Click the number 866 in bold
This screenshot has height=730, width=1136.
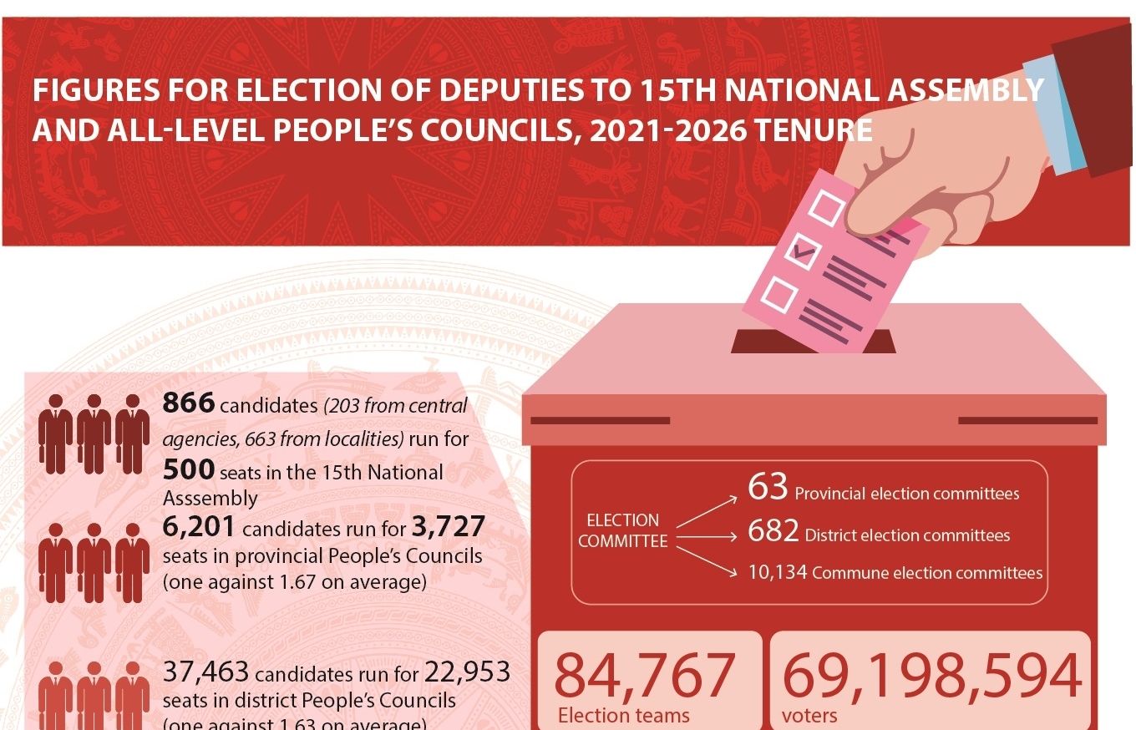(189, 403)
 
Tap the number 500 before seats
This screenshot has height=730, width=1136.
(189, 470)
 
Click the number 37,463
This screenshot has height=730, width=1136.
(207, 673)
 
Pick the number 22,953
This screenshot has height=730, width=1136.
(468, 672)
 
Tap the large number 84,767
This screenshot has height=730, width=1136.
(645, 677)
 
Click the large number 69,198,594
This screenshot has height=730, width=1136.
(931, 677)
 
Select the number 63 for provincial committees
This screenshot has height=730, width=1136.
(768, 489)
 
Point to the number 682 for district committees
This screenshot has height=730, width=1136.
(773, 532)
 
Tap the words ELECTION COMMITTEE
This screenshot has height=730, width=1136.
(623, 530)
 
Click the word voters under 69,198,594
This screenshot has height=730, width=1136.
(809, 716)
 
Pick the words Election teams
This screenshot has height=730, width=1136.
(624, 716)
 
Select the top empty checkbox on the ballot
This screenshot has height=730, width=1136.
(826, 208)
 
